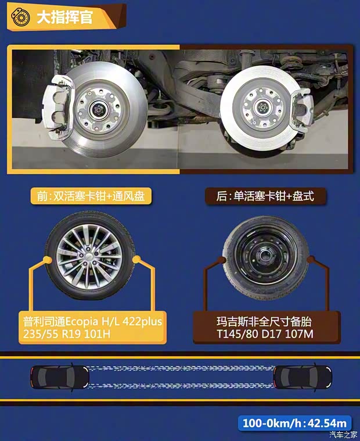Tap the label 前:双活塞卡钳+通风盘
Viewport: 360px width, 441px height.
(91, 196)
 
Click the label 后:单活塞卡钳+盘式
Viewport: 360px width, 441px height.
(267, 196)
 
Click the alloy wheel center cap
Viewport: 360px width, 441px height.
(90, 257)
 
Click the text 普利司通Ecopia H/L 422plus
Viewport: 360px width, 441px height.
(89, 321)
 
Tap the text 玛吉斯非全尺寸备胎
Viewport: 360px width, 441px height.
(258, 321)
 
